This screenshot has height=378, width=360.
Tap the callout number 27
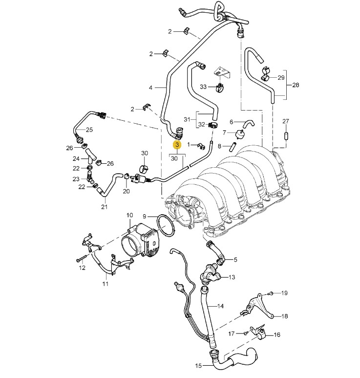(286, 121)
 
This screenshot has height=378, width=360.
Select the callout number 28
(295, 85)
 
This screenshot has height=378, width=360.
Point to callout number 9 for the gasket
(145, 216)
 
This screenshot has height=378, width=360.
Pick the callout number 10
(129, 215)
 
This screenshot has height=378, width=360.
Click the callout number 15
(199, 365)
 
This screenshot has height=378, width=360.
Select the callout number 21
(104, 206)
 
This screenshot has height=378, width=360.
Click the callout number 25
(89, 130)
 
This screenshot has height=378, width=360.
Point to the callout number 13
(232, 277)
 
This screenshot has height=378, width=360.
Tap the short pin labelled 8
(233, 146)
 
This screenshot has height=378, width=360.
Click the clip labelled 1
(200, 145)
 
